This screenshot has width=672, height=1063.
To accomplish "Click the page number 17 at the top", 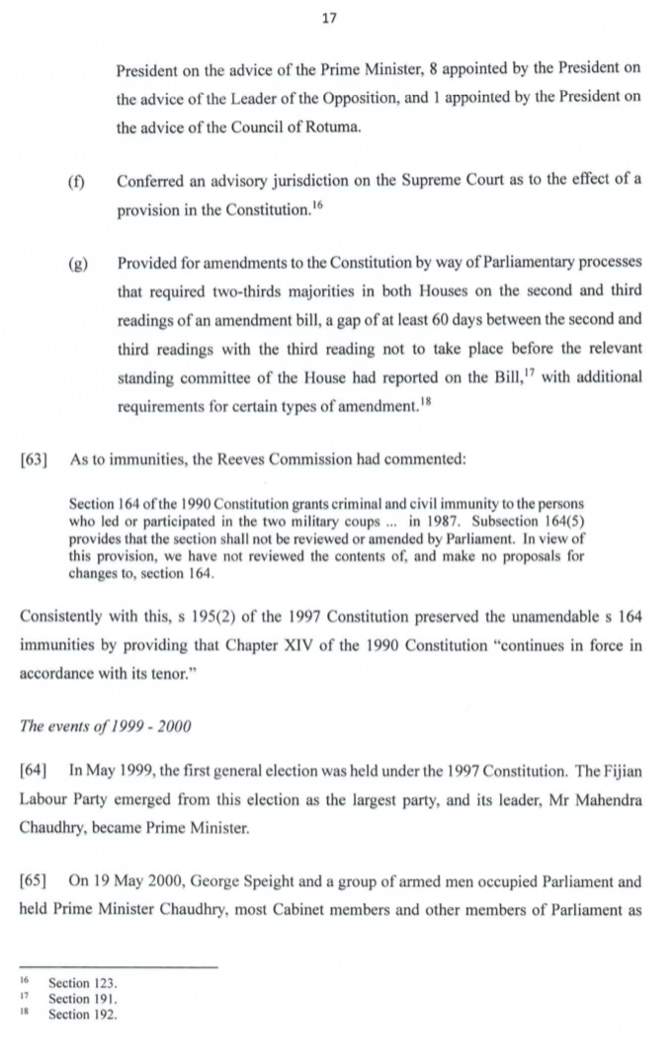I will click(337, 16).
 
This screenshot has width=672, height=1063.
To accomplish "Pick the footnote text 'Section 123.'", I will click(83, 985).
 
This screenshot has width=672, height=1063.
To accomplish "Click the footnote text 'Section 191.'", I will click(83, 1000).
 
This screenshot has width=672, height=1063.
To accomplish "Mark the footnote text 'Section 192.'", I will click(83, 1015).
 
